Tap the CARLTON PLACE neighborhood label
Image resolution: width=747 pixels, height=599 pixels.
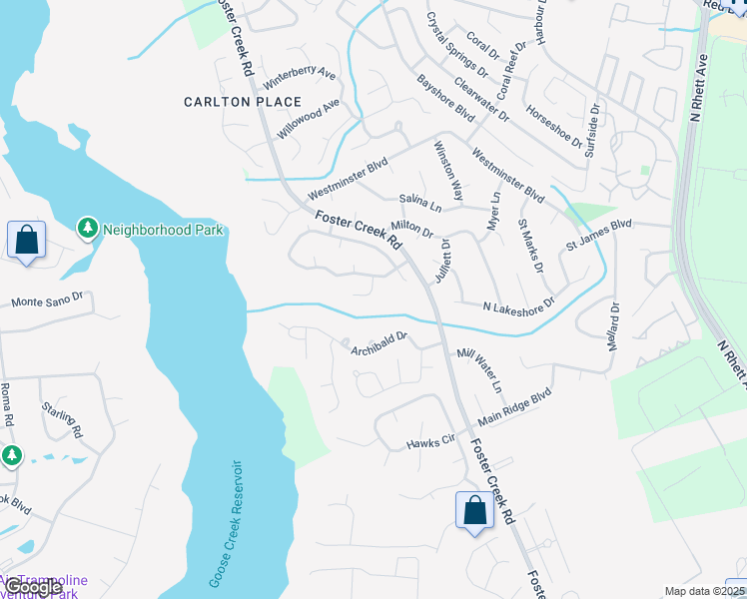[x=243, y=102]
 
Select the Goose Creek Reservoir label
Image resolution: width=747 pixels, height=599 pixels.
[x=226, y=523]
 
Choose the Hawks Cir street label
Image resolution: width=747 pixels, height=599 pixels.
[x=430, y=442]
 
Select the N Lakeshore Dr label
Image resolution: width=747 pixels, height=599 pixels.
[x=517, y=304]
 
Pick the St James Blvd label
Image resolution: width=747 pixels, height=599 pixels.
[x=599, y=237]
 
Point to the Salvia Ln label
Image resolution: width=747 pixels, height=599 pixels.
[x=419, y=203]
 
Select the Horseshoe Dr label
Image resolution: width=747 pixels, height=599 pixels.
[x=553, y=127]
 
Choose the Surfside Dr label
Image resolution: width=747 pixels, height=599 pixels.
[x=592, y=131]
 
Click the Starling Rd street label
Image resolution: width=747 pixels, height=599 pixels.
[x=62, y=419]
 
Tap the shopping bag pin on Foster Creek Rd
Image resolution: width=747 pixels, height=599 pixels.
[x=474, y=510]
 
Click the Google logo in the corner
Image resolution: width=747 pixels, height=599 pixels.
[x=31, y=588]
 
